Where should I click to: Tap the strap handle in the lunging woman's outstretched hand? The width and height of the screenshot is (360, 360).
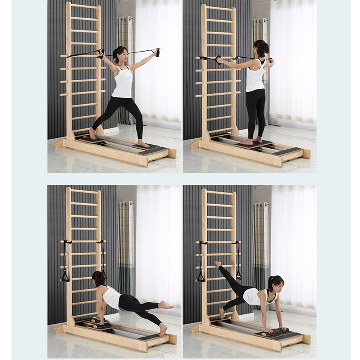tap(157, 53)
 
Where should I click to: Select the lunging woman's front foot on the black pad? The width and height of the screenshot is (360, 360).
tap(143, 144)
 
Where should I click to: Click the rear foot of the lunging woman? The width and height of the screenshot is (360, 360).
tap(93, 134)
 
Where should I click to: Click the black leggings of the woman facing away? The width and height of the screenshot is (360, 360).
tap(256, 112)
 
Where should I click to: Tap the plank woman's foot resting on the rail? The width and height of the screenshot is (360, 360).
tap(163, 329)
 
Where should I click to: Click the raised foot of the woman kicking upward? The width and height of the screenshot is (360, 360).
tap(217, 264)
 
